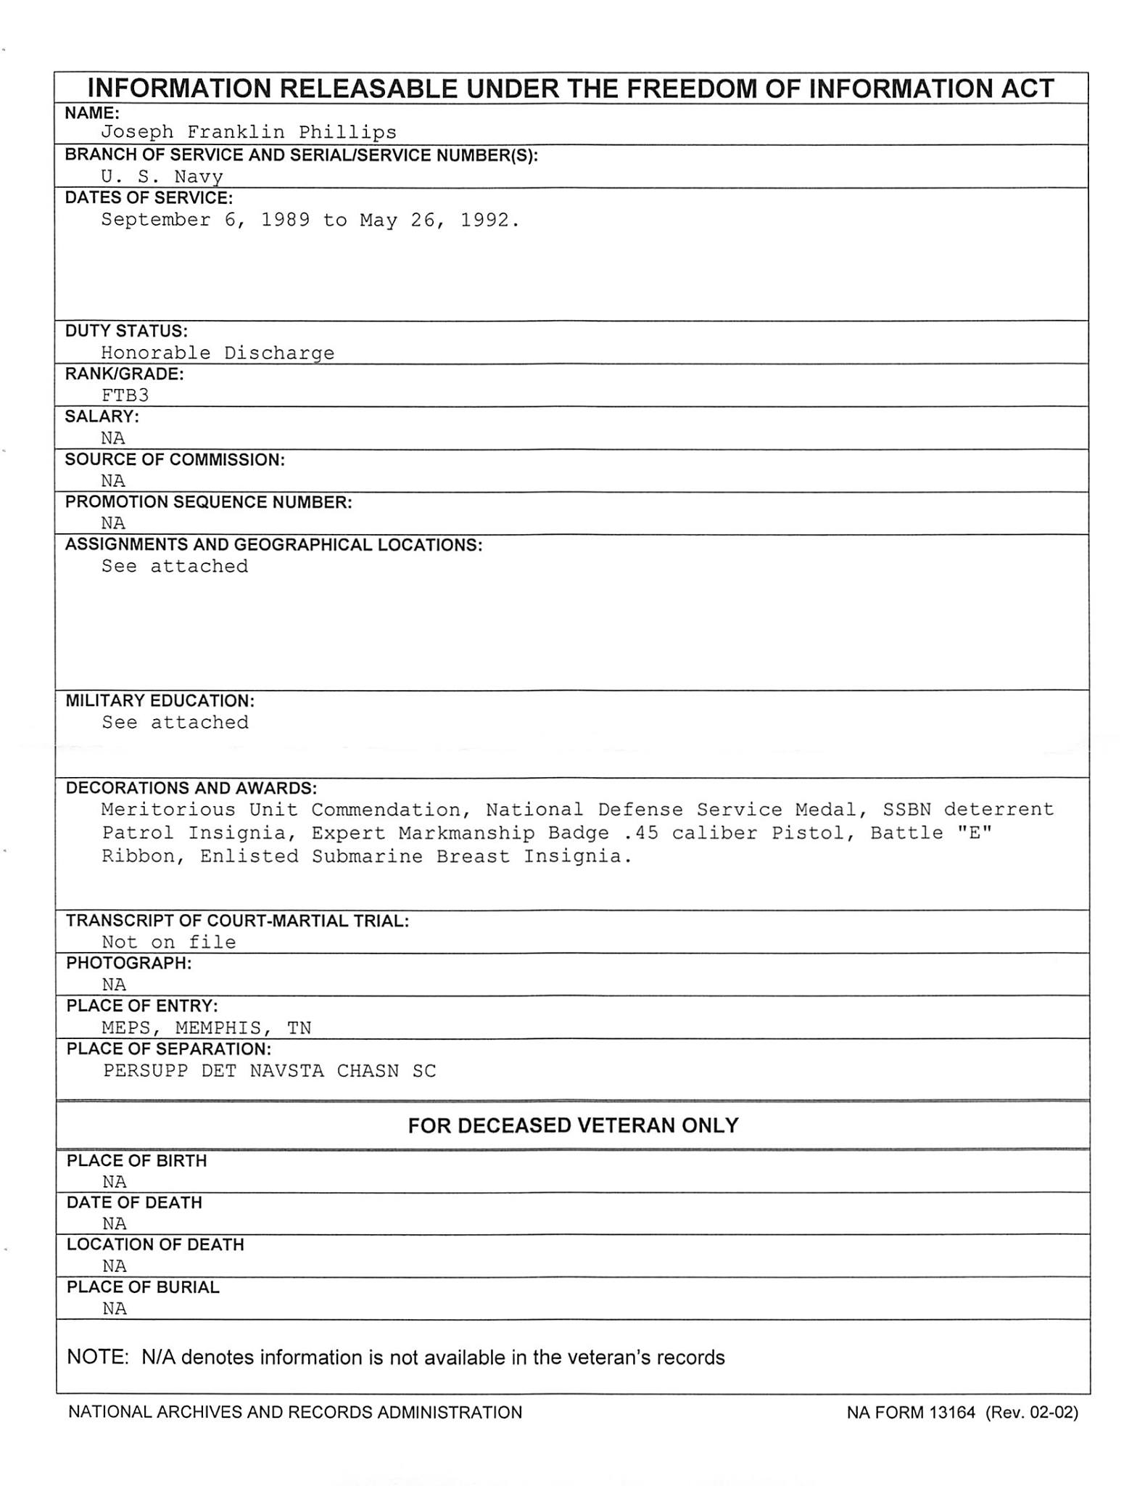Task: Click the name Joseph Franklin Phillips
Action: coord(249,132)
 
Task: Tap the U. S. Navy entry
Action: coord(162,176)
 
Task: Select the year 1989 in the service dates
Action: coord(285,220)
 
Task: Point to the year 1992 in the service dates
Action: coord(484,220)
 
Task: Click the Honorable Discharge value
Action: coord(218,353)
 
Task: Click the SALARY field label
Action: coord(102,416)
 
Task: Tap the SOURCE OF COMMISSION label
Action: coord(175,459)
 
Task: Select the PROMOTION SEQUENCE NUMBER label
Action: coord(208,502)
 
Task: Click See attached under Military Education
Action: coord(175,723)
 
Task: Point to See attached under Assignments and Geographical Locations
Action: coord(174,566)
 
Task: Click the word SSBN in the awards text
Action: coord(906,809)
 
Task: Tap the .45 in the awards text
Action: coord(640,833)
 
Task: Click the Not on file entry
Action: coord(168,943)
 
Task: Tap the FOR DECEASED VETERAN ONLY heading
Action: coord(573,1125)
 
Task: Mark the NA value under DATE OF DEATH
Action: coord(115,1224)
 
